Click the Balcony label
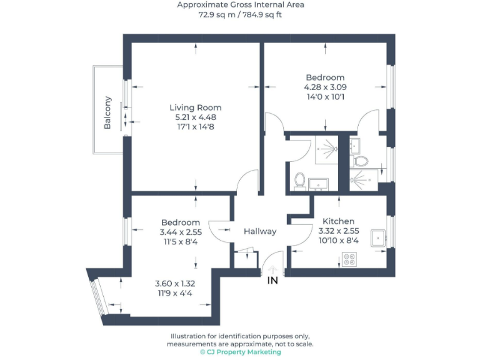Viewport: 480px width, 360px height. point(107,112)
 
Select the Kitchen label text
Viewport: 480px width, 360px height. point(338,221)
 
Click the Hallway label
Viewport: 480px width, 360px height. point(260,231)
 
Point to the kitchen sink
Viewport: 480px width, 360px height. point(379,238)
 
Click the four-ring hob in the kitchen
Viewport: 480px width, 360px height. point(349,259)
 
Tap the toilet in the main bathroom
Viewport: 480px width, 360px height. point(300,181)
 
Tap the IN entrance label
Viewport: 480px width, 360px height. point(272,281)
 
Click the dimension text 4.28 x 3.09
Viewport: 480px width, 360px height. point(324,87)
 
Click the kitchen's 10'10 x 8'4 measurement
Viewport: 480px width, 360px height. point(338,241)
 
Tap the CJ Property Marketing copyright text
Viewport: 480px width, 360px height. point(240,352)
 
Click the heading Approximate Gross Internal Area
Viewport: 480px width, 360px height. point(240,5)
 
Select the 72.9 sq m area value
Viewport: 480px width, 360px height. point(216,14)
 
